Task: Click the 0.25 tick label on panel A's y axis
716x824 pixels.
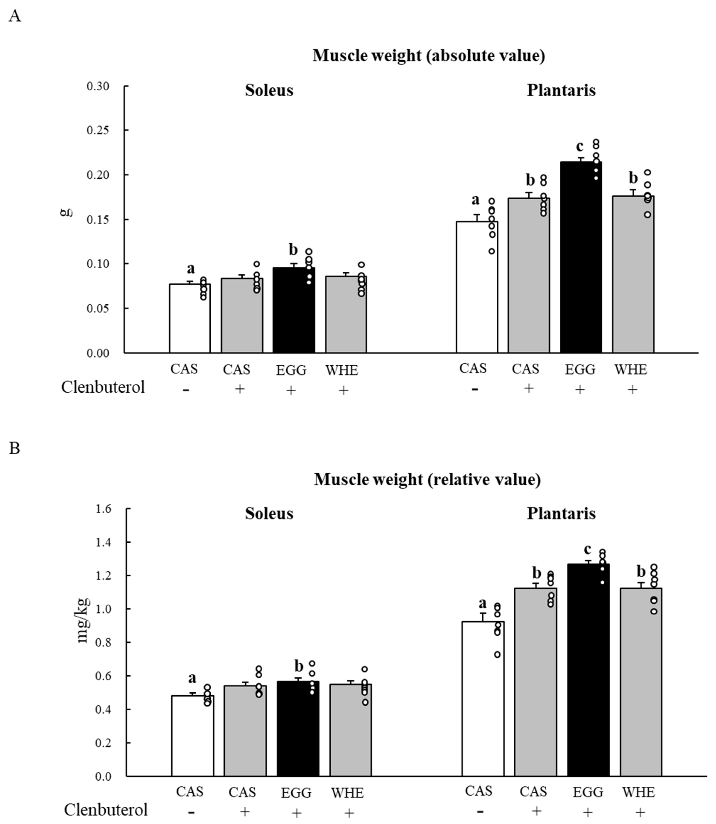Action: (x=98, y=130)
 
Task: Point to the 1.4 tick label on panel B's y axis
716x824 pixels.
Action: (x=103, y=542)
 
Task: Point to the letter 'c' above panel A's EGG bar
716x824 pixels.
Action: (x=579, y=146)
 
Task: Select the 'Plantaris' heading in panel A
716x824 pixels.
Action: (x=561, y=90)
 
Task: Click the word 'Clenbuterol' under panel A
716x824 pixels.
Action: (x=103, y=387)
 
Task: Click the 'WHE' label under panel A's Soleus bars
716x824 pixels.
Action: (x=342, y=370)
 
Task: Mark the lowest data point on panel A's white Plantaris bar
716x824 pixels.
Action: (x=492, y=251)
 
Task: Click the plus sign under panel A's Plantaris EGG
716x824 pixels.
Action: (x=580, y=389)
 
